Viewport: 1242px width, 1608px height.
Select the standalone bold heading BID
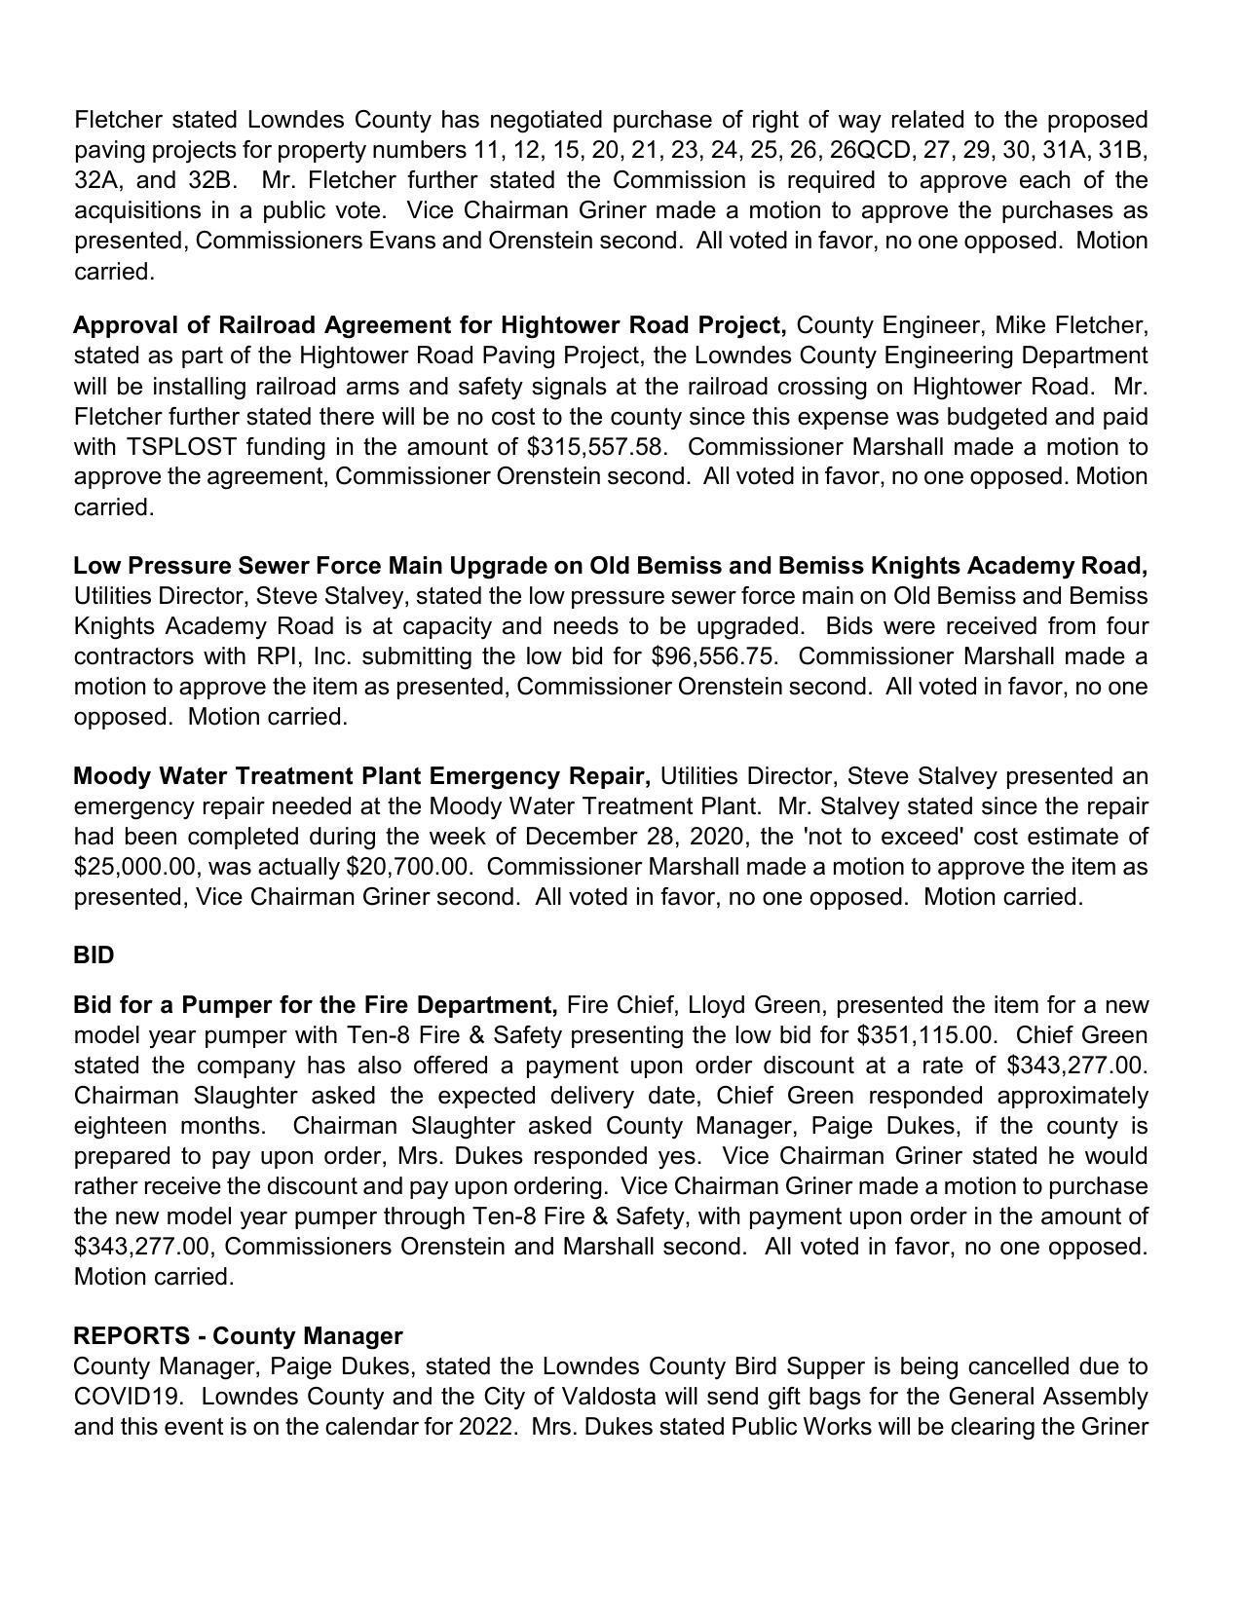[94, 955]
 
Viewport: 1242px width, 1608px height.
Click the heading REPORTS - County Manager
[238, 1336]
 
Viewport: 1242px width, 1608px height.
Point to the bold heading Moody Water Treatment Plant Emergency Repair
[361, 776]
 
